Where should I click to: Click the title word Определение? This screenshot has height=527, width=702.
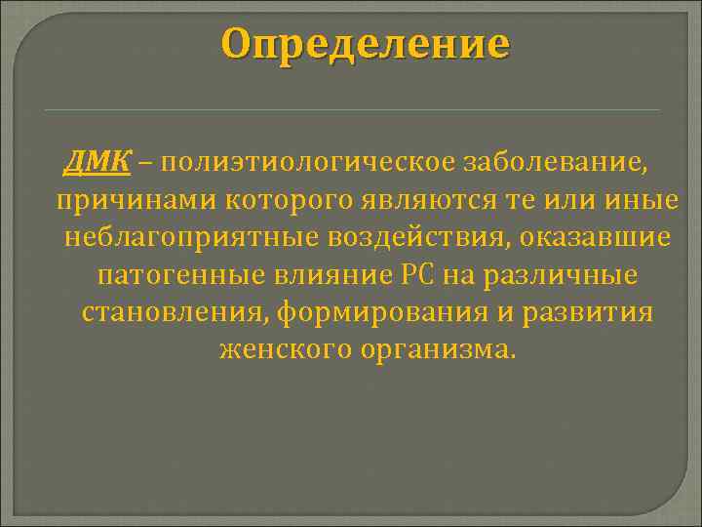click(x=364, y=44)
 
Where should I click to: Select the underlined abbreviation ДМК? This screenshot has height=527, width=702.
click(x=97, y=162)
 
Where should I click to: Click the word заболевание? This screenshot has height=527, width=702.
click(x=551, y=162)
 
